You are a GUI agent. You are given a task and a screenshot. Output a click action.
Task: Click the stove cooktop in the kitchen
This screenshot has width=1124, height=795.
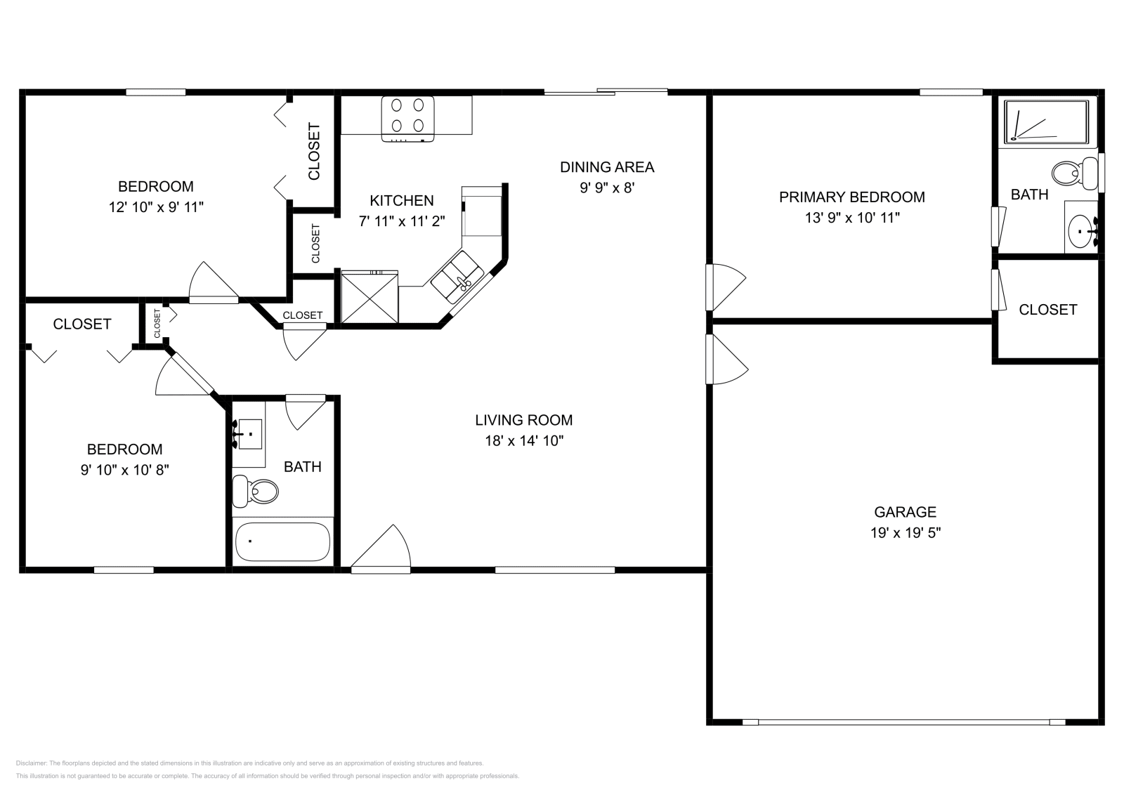click(x=407, y=116)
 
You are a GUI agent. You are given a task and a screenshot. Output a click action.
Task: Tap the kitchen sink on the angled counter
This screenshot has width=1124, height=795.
click(x=457, y=278)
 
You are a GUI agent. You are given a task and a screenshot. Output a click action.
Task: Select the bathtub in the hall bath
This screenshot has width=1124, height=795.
click(x=282, y=541)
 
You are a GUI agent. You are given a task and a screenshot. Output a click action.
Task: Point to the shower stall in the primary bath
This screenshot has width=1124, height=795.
click(x=1046, y=121)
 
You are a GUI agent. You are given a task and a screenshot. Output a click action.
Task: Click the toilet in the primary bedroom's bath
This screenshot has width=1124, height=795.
click(x=1075, y=172)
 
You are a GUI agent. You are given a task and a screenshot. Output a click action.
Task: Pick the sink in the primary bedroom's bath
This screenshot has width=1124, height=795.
click(x=1080, y=228)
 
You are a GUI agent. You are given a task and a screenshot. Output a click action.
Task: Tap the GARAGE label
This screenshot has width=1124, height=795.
click(x=905, y=512)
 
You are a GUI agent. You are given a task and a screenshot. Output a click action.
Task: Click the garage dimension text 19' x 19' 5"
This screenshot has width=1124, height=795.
click(x=905, y=533)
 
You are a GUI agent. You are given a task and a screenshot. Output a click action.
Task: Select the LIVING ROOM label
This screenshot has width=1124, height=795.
click(x=523, y=420)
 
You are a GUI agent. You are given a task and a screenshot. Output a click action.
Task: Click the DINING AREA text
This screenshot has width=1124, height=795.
click(x=606, y=167)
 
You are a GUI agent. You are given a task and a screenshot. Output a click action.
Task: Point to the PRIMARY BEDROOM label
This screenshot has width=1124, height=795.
click(x=851, y=197)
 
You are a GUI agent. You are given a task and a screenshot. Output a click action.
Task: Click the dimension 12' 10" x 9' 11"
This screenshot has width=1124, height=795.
click(x=156, y=207)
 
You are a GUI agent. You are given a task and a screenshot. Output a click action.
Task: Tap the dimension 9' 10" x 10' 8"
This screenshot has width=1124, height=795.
click(x=124, y=470)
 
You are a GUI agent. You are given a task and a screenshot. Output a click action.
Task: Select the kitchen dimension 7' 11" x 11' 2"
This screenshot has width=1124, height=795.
click(x=402, y=221)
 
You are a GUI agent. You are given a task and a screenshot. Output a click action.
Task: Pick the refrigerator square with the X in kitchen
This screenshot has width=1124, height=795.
click(x=370, y=298)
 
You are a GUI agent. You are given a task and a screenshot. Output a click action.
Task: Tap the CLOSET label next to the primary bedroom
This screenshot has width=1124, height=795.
click(x=1047, y=310)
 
